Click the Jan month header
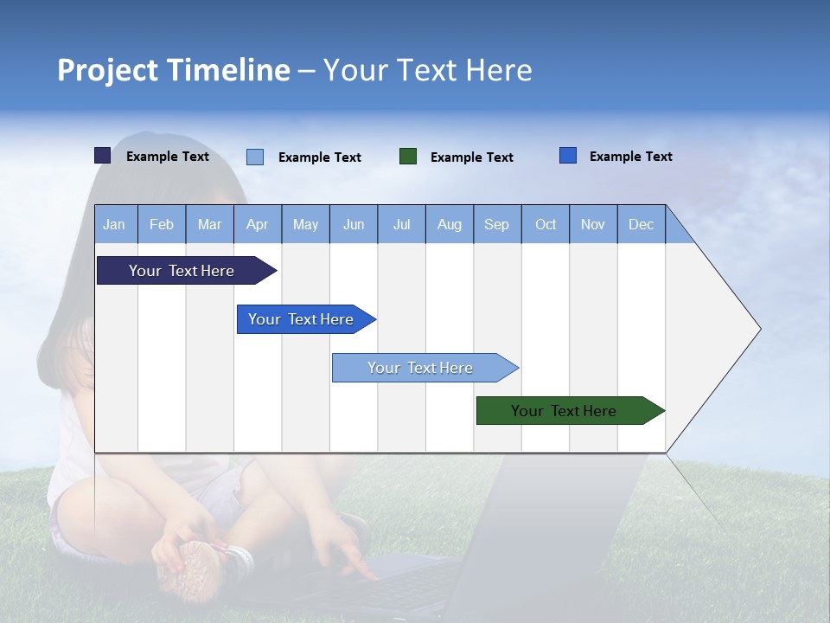[114, 224]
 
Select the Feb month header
[162, 224]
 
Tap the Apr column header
[257, 224]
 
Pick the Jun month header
[354, 224]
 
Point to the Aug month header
[449, 224]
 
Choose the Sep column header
[496, 224]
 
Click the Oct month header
[546, 224]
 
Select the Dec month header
[641, 224]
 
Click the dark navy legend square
[102, 156]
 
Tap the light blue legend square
[255, 157]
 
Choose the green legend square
[408, 157]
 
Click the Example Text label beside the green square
[471, 157]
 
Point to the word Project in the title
[108, 70]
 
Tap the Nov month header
[593, 224]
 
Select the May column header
[305, 224]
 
